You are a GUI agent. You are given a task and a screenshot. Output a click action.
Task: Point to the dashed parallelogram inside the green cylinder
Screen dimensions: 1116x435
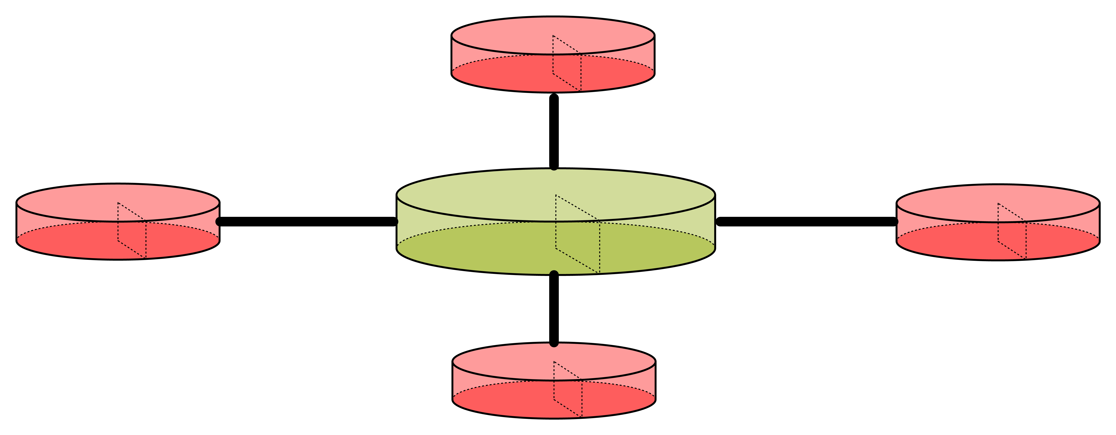[x=577, y=234]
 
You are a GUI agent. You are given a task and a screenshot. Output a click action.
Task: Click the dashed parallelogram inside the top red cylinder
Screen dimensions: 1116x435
[x=567, y=63]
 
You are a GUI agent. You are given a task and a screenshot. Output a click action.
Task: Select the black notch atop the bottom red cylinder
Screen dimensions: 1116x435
[x=554, y=344]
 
